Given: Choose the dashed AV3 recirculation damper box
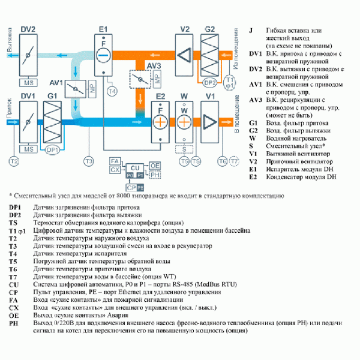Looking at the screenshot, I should click(141, 79).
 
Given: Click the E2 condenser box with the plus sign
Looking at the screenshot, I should click(161, 121).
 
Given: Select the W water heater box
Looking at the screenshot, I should click(185, 120).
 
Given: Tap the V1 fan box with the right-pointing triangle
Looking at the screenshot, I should click(210, 121).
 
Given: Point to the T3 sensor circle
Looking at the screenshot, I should click(88, 161).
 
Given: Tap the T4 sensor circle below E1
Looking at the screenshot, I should click(112, 91).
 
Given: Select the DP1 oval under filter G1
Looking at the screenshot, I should click(53, 149).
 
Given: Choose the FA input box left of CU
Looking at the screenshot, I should click(115, 162).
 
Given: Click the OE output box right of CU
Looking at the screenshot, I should click(155, 165).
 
